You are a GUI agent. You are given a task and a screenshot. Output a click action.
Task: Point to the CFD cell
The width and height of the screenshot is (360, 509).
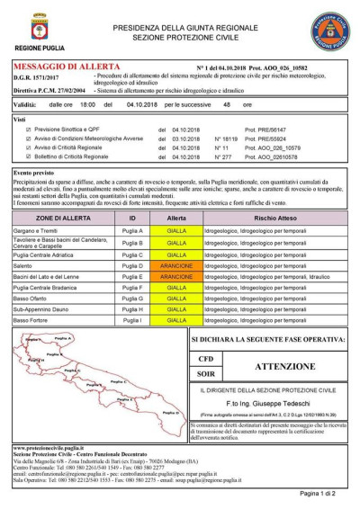(x=205, y=359)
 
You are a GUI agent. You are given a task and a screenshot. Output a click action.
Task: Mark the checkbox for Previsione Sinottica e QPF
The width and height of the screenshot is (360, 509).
(x=29, y=130)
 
